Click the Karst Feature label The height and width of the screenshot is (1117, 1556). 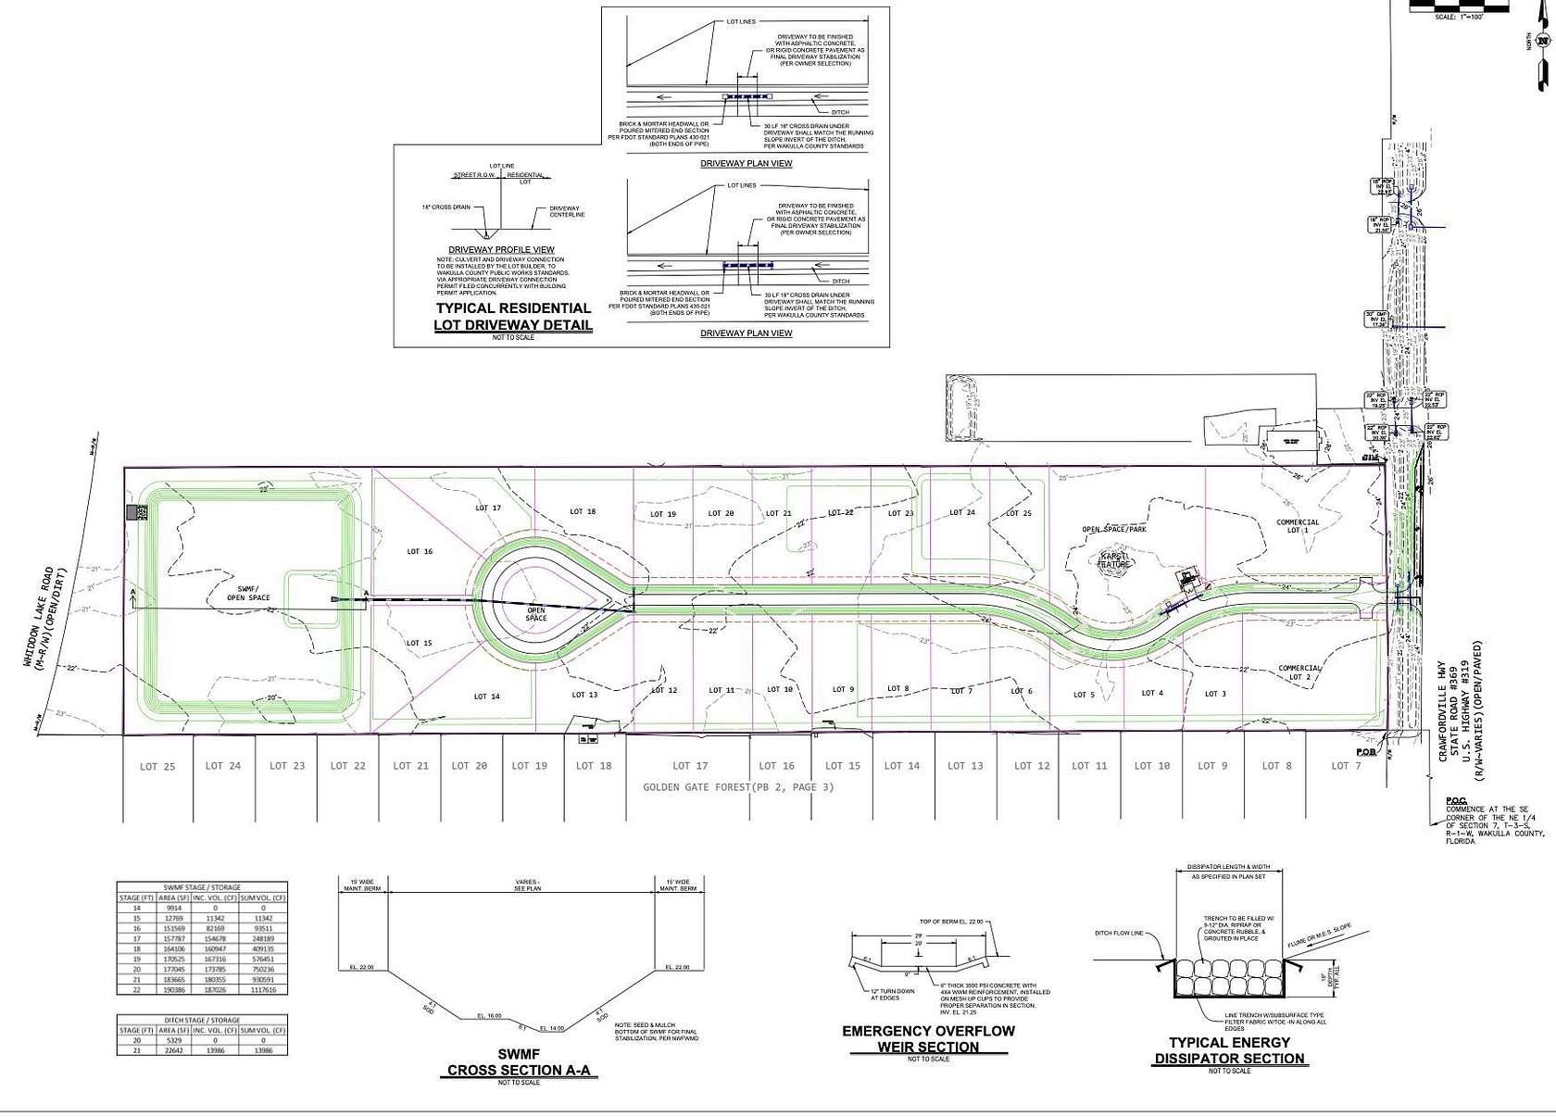(1113, 560)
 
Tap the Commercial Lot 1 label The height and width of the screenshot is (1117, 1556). (1298, 526)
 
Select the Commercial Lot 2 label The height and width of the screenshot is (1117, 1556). (1299, 672)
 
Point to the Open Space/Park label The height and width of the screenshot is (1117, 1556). (1114, 530)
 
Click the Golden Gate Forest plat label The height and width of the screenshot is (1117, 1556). (738, 787)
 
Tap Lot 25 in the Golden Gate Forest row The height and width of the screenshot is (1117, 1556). (157, 767)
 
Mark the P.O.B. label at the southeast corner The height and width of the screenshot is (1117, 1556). (1365, 752)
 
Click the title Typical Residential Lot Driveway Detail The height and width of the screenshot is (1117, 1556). (513, 317)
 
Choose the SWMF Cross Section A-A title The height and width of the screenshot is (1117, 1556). (518, 1062)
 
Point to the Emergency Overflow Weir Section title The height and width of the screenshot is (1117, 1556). (928, 1039)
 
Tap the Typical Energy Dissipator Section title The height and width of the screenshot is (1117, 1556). (1229, 1050)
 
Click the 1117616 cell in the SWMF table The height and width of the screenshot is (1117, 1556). (264, 989)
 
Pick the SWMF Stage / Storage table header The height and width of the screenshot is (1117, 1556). (201, 887)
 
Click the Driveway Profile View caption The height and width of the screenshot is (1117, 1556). (501, 250)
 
